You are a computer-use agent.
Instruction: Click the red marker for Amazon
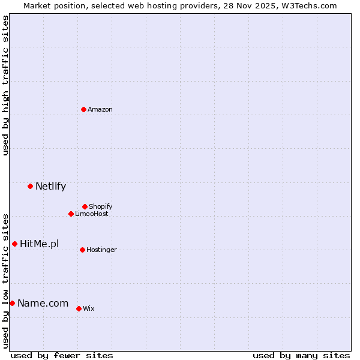click(x=84, y=109)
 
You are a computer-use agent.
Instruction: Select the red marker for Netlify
click(x=30, y=186)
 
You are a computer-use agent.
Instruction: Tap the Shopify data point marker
click(x=85, y=206)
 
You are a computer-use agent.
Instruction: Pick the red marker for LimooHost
click(x=71, y=214)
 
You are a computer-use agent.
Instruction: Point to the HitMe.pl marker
click(x=14, y=244)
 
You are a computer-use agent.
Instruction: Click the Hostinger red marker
click(x=82, y=250)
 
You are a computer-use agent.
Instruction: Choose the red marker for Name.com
click(x=12, y=303)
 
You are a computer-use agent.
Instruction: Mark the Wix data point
click(x=79, y=308)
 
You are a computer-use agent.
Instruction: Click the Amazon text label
click(x=100, y=109)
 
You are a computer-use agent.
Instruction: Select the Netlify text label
click(x=50, y=186)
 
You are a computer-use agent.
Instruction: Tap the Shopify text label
click(x=101, y=206)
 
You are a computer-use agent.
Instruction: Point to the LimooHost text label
click(x=92, y=214)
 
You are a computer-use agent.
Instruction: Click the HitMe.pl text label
click(x=40, y=244)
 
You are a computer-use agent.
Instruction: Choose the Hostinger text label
click(x=101, y=250)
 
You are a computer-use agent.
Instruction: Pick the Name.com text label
click(x=43, y=303)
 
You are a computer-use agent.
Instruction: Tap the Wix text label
click(x=89, y=308)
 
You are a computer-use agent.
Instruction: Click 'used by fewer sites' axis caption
click(x=62, y=355)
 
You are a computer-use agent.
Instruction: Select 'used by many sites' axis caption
click(x=301, y=355)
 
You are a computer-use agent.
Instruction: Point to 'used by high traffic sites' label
click(x=5, y=85)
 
